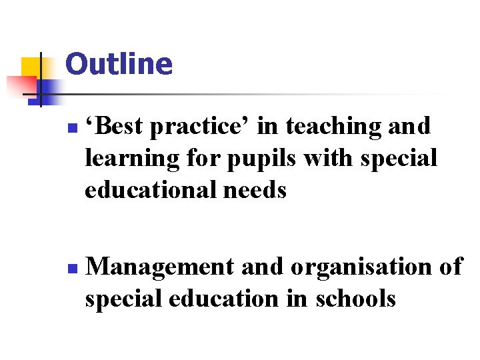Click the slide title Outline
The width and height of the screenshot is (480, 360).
click(119, 64)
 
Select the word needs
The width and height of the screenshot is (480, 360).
click(256, 191)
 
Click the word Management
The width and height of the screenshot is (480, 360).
click(160, 267)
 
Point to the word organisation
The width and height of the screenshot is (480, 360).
click(361, 267)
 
